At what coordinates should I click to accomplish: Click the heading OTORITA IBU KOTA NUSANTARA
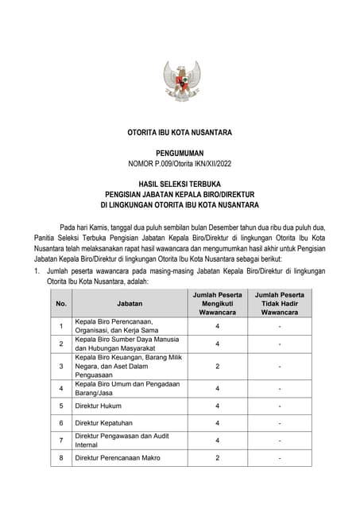(180, 132)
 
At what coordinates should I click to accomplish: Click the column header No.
(61, 304)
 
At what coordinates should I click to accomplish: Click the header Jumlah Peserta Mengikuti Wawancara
(217, 303)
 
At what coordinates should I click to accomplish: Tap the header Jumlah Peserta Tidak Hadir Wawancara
(279, 303)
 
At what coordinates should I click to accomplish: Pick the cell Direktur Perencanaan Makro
(114, 458)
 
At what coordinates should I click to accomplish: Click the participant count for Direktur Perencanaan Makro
(217, 458)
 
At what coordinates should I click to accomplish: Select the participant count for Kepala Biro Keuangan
(217, 366)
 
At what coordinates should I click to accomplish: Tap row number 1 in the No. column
(61, 326)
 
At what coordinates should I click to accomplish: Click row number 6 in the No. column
(61, 422)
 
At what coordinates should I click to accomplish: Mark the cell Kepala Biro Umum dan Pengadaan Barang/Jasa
(127, 388)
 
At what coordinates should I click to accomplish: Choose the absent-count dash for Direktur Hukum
(279, 406)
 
